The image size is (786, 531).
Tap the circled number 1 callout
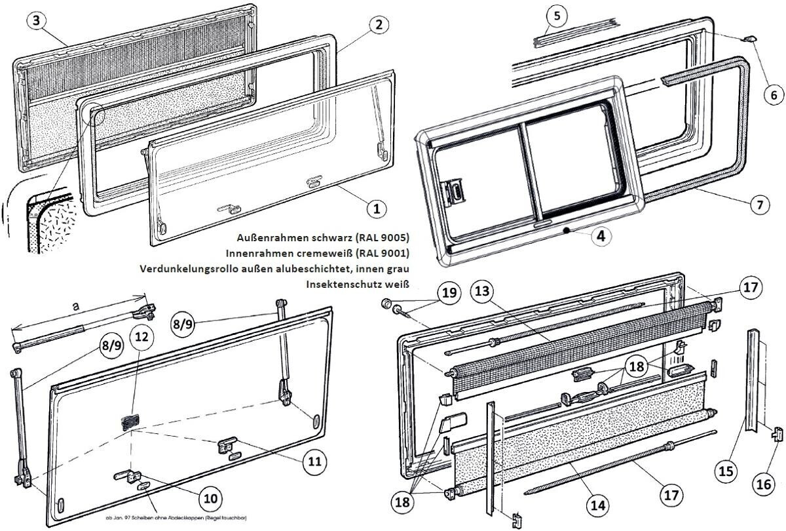tap(376, 209)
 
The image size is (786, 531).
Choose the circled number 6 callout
tap(773, 94)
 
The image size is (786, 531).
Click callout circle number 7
tap(759, 205)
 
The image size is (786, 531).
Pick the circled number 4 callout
tap(601, 236)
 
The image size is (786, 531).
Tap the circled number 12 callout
tap(141, 338)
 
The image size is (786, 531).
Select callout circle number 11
tap(314, 462)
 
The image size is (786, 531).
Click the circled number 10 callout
tap(210, 498)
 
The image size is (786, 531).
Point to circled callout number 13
tap(482, 290)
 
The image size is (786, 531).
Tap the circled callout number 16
tap(764, 485)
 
